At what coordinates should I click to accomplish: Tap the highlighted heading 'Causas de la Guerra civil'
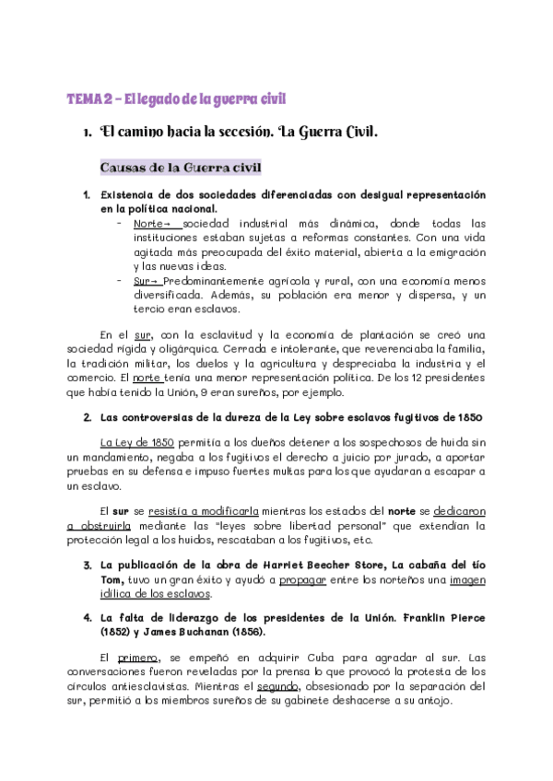pos(181,168)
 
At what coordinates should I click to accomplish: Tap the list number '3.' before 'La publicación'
pos(87,564)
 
